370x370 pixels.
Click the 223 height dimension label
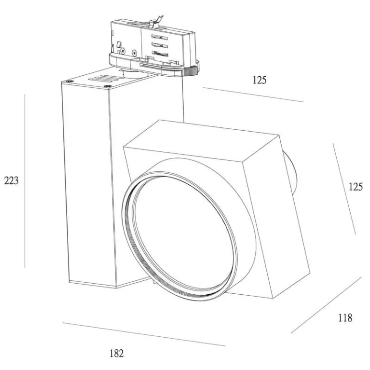(11, 181)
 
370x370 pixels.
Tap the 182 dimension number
(117, 354)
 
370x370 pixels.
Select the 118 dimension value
(345, 318)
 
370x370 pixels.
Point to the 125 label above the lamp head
(260, 80)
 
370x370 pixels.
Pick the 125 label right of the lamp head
(356, 187)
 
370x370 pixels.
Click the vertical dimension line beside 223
(25, 181)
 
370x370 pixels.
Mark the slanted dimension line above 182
(144, 334)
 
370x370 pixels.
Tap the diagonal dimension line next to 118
(326, 305)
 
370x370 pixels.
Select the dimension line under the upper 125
(253, 95)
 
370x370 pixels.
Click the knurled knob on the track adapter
(192, 70)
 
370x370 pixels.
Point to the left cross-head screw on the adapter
(123, 51)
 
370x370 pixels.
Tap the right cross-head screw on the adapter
(134, 53)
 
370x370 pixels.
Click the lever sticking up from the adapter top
(156, 21)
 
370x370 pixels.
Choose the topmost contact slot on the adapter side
(159, 37)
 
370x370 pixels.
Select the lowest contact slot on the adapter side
(160, 54)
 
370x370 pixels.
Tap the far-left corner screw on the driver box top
(69, 82)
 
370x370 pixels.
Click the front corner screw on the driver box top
(109, 86)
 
